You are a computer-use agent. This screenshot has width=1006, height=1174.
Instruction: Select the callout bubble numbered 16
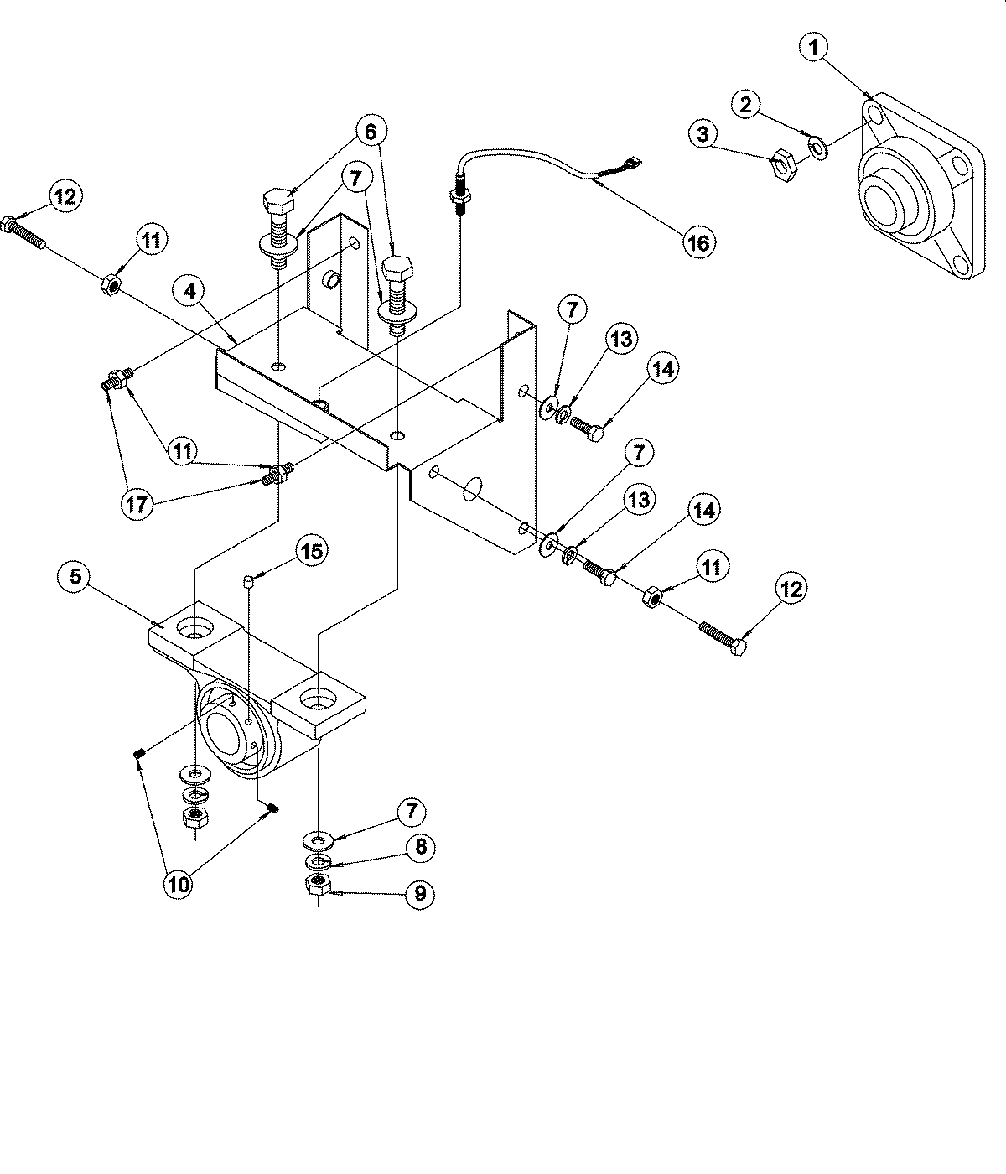click(698, 243)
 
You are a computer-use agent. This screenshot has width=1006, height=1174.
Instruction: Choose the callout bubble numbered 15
click(312, 551)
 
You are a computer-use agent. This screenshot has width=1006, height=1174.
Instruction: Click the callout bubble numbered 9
click(420, 894)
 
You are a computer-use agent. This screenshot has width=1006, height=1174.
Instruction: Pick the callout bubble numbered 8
click(420, 847)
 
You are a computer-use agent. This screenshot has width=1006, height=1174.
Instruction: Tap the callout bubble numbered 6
click(371, 132)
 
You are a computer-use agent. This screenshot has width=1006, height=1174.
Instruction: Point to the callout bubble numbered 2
click(746, 104)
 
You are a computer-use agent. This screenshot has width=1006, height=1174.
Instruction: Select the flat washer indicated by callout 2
click(818, 149)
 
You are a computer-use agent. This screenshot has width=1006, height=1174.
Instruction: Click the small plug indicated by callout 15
click(248, 579)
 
